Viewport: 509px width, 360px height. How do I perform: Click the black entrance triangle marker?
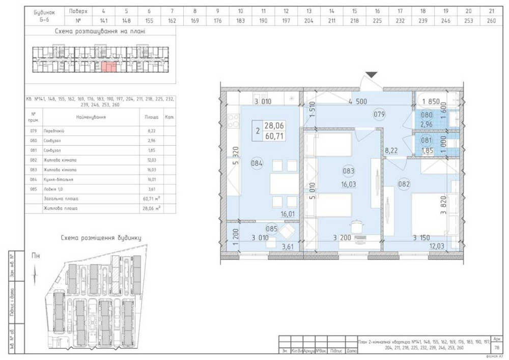[372, 75]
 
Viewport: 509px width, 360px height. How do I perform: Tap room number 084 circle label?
[257, 163]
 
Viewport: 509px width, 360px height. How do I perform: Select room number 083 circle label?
[349, 171]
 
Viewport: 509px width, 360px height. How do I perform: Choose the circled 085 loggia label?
[272, 229]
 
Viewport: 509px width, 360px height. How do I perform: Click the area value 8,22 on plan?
[391, 151]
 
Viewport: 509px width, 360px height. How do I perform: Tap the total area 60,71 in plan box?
[274, 135]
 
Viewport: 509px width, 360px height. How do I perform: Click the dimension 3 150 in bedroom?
[422, 237]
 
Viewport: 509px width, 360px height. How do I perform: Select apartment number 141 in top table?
[103, 21]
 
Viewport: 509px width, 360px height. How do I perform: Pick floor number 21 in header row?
[491, 11]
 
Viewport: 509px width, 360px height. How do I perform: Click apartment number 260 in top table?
[491, 21]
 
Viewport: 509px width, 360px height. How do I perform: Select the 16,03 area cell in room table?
[151, 170]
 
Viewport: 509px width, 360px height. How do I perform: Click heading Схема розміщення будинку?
[101, 238]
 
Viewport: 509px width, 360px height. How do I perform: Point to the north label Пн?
[35, 256]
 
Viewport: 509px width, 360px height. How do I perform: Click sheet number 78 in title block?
[497, 348]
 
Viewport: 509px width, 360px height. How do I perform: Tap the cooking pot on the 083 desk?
[355, 225]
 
